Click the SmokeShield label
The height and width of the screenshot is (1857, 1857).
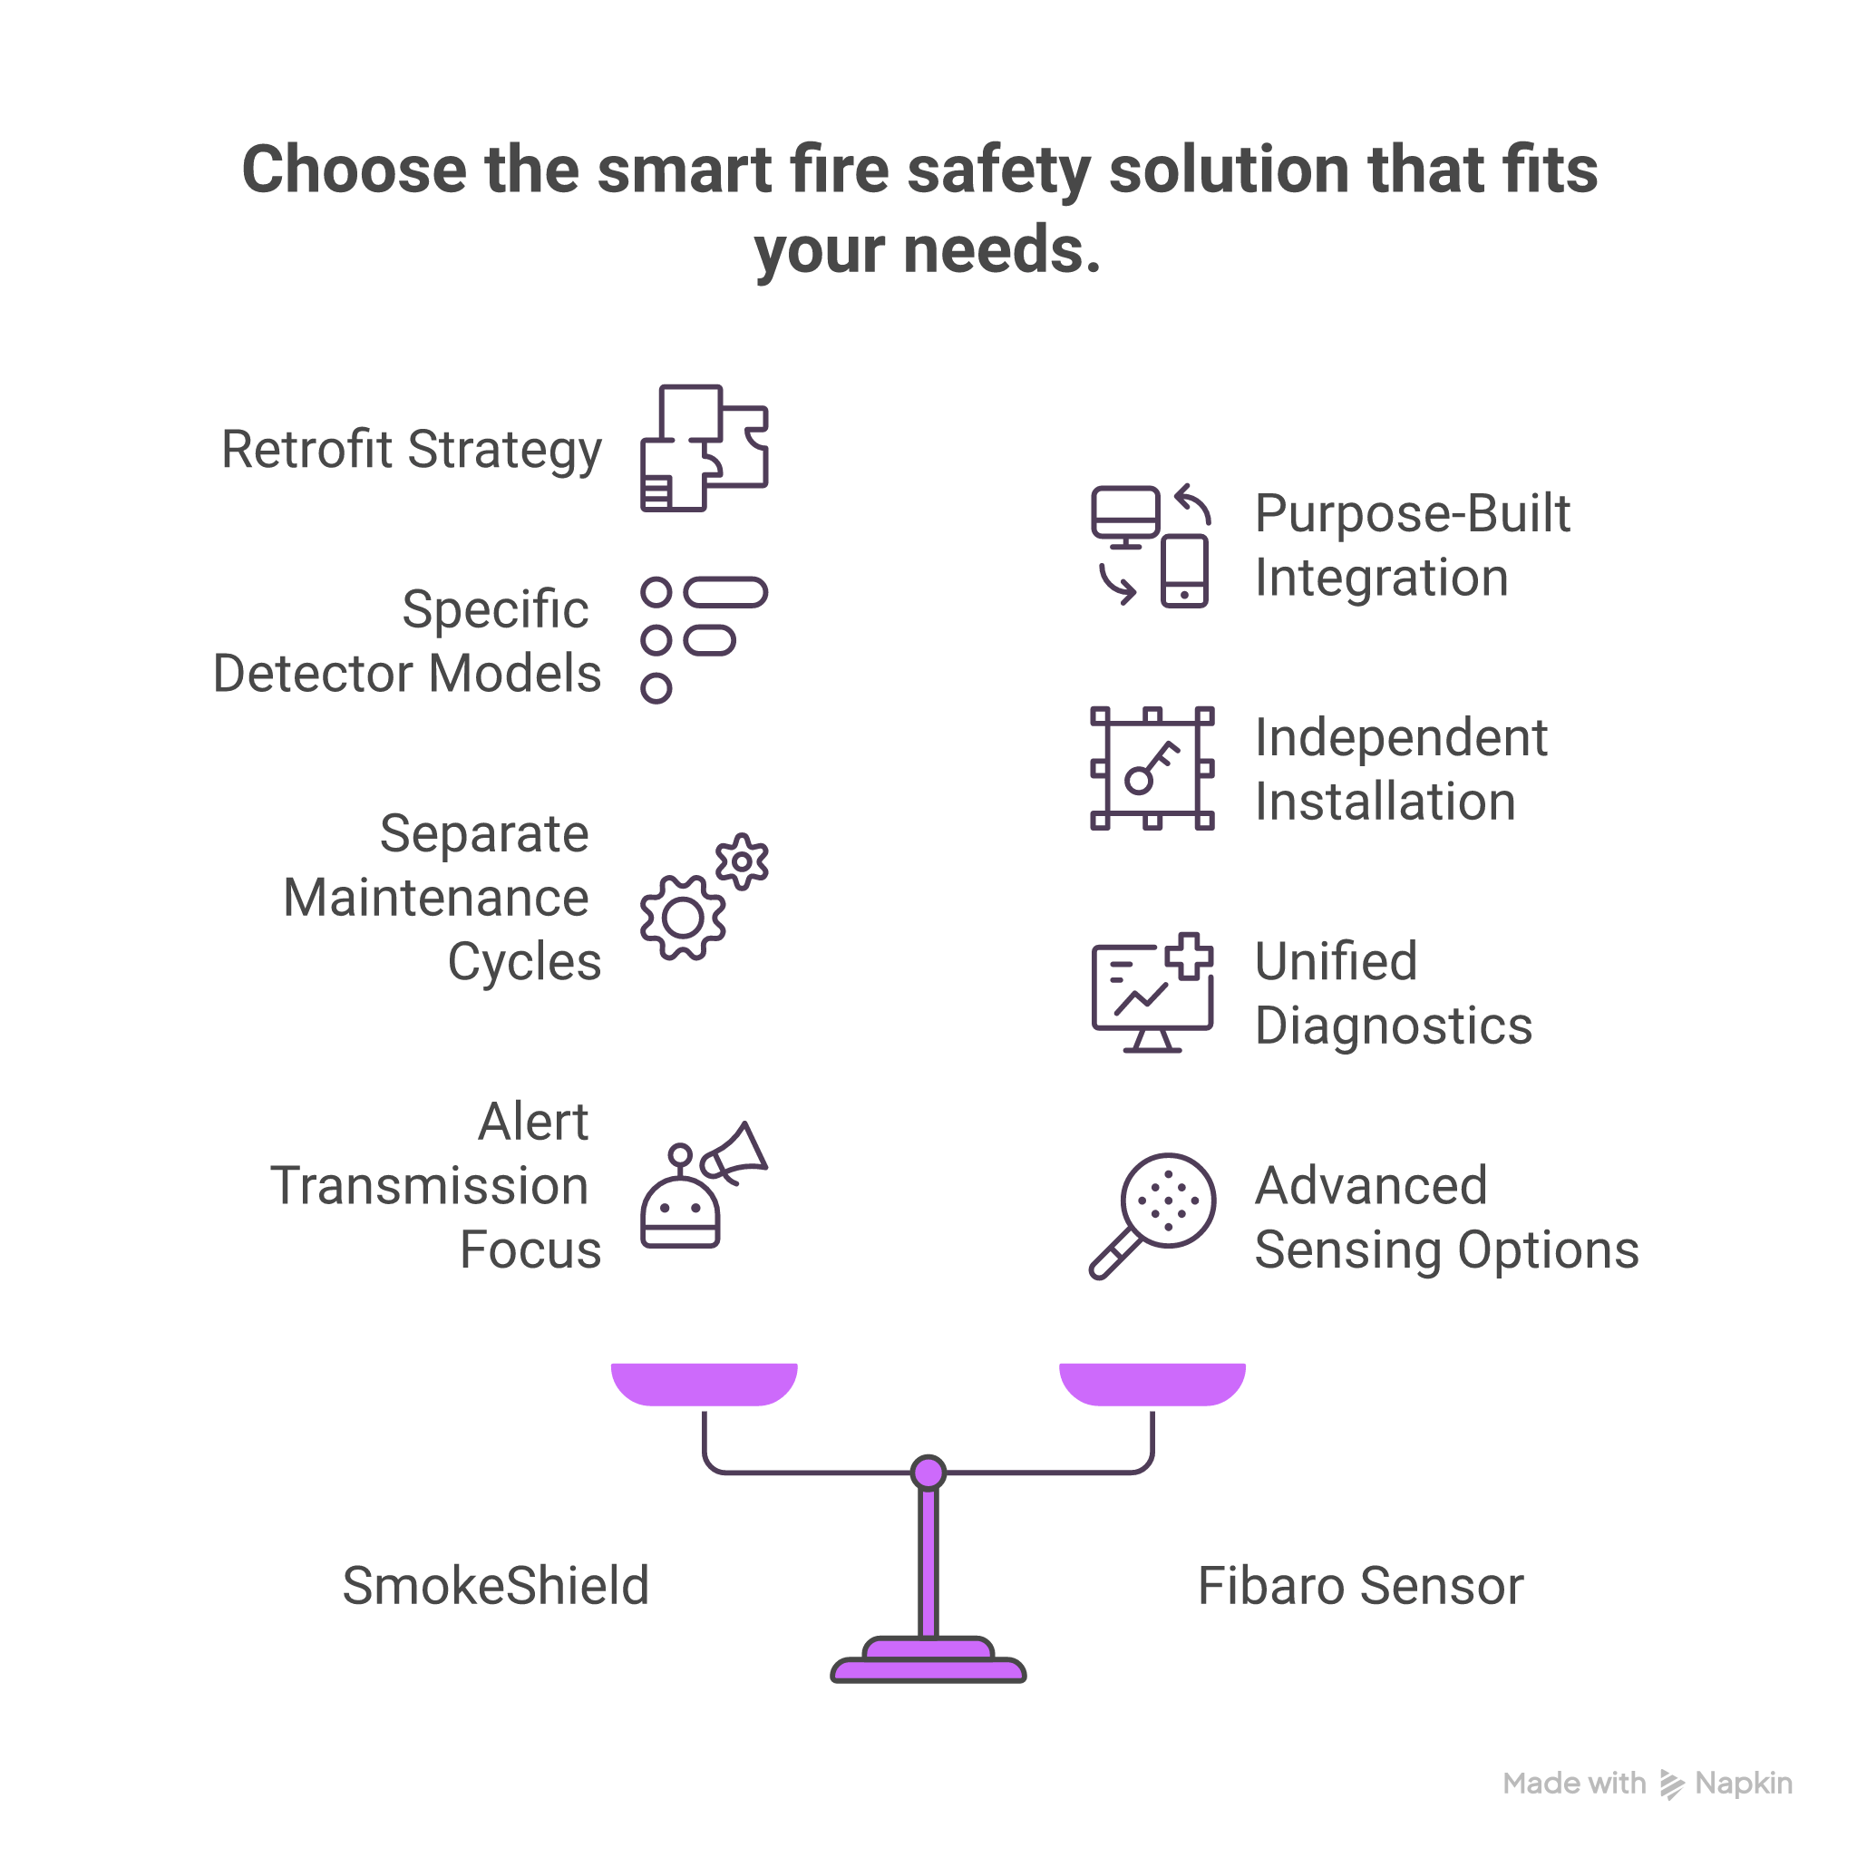pyautogui.click(x=495, y=1585)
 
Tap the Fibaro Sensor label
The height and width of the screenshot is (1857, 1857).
pyautogui.click(x=1359, y=1585)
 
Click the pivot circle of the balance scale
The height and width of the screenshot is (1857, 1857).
pyautogui.click(x=928, y=1472)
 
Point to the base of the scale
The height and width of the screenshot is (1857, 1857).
pyautogui.click(x=928, y=1664)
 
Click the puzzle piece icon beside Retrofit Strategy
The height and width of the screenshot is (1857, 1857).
pyautogui.click(x=704, y=447)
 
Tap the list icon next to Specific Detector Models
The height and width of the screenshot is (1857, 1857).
pyautogui.click(x=704, y=639)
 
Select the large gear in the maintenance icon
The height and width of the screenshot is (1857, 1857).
pyautogui.click(x=683, y=918)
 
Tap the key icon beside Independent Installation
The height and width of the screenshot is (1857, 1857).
pyautogui.click(x=1152, y=768)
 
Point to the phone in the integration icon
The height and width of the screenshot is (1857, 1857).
pyautogui.click(x=1184, y=572)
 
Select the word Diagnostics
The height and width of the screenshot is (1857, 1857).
pyautogui.click(x=1393, y=1025)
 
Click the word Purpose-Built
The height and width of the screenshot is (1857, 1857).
pyautogui.click(x=1411, y=513)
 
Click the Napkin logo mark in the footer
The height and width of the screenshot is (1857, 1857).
pyautogui.click(x=1671, y=1784)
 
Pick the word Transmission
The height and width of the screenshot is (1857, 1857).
pyautogui.click(x=429, y=1185)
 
